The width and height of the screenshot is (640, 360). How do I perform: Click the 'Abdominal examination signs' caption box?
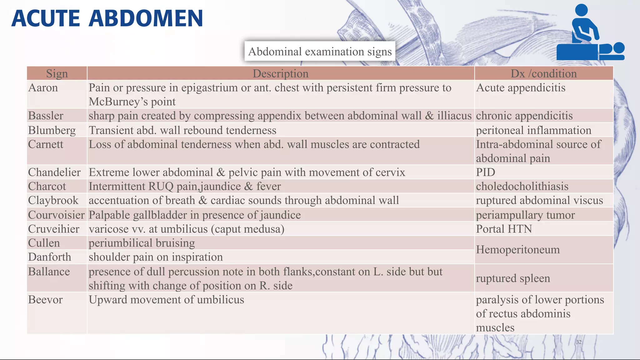point(320,52)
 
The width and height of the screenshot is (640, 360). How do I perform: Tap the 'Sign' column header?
point(57,74)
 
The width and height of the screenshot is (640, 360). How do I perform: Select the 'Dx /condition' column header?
point(543,74)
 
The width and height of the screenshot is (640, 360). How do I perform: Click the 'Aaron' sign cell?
point(43,88)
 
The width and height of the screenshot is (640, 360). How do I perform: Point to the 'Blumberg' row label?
point(52,130)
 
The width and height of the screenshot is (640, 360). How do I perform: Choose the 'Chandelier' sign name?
point(54,172)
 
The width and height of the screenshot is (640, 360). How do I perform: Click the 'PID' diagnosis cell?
point(485,172)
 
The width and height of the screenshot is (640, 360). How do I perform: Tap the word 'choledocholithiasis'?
point(522,187)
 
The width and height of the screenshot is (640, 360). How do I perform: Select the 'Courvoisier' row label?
point(56,215)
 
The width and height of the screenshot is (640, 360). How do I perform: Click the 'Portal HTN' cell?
point(504,229)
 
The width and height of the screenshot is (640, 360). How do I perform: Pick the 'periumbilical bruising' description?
point(142,243)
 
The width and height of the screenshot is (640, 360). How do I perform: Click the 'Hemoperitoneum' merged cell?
point(518,250)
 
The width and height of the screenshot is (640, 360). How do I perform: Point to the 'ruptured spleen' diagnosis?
point(513,278)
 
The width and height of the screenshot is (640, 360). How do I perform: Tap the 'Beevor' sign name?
point(45,300)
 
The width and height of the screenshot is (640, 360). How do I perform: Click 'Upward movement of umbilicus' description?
point(166,300)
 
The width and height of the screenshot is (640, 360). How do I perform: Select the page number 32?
point(579,342)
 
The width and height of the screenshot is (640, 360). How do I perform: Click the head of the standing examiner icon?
point(581,10)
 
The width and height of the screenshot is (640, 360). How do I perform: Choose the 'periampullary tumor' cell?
point(525,215)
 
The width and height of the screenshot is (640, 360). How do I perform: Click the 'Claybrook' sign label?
point(53,201)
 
